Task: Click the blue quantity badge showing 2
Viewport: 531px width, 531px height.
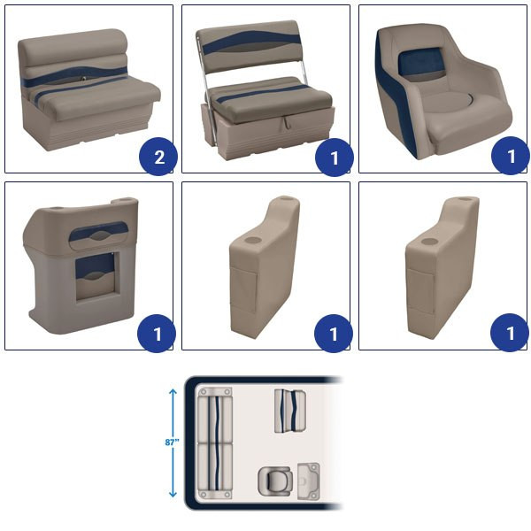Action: pyautogui.click(x=158, y=157)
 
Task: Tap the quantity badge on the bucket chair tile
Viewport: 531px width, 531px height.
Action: pyautogui.click(x=510, y=156)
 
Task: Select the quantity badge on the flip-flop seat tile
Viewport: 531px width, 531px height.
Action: pyautogui.click(x=335, y=158)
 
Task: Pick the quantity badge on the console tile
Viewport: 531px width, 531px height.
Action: pyautogui.click(x=157, y=334)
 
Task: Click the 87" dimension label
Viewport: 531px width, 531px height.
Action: pyautogui.click(x=172, y=442)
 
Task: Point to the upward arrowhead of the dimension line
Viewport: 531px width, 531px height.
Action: pyautogui.click(x=173, y=392)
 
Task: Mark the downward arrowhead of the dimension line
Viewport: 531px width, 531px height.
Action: pyautogui.click(x=173, y=494)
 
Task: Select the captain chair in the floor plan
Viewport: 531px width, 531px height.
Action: pyautogui.click(x=275, y=481)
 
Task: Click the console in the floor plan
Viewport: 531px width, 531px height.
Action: pyautogui.click(x=309, y=481)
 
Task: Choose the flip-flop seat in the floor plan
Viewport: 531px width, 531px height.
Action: pyautogui.click(x=290, y=411)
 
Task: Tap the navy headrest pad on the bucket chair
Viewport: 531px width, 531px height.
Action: pyautogui.click(x=419, y=65)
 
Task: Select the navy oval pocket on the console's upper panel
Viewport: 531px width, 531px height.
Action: pyautogui.click(x=98, y=232)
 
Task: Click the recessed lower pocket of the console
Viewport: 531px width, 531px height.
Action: pyautogui.click(x=95, y=276)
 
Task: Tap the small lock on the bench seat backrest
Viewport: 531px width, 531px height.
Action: pyautogui.click(x=82, y=79)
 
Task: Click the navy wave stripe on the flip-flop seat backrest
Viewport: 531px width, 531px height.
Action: pyautogui.click(x=250, y=42)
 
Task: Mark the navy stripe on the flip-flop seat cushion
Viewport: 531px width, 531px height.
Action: pyautogui.click(x=263, y=93)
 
